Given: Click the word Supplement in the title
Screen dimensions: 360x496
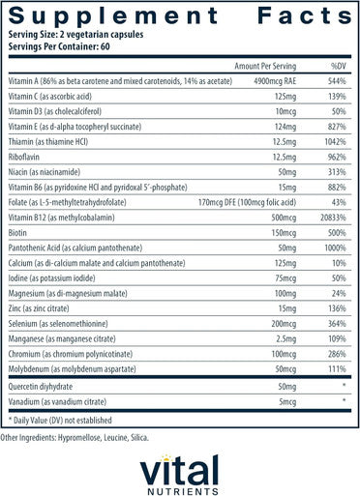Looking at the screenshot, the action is [113, 16].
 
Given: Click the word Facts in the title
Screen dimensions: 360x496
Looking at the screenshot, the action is [305, 15].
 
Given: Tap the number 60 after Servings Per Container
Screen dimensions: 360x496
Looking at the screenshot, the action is [105, 46].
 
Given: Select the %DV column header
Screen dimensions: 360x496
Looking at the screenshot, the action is [339, 66].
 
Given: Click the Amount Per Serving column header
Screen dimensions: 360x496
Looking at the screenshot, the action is [265, 66].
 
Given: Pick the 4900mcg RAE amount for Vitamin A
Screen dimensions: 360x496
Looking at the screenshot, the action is [275, 81].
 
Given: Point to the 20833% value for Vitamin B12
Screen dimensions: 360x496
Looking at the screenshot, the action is [333, 218].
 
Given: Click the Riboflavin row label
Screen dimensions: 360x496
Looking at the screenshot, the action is [24, 157].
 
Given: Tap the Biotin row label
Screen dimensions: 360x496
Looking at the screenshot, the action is [17, 233].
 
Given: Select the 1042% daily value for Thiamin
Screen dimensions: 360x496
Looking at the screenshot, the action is [336, 142].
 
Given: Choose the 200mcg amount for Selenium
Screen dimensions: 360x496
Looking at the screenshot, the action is [284, 324].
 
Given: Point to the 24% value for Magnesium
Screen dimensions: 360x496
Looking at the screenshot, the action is [339, 293].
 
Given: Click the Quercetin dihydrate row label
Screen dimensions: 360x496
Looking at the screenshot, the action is [41, 387].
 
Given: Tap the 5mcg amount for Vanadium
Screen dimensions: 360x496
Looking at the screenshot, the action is [287, 402].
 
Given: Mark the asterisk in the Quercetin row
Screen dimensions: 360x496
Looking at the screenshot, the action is [345, 385].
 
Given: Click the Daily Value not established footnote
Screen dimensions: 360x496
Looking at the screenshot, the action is [60, 421].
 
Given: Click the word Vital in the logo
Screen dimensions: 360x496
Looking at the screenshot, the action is [179, 471].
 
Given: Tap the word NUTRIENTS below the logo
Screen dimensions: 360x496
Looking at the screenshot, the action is [183, 491].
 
